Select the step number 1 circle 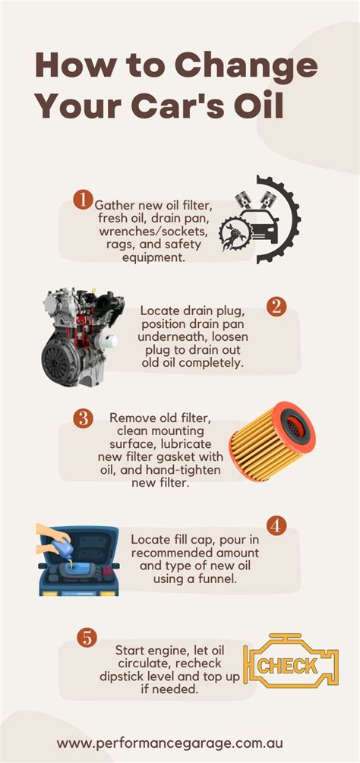[82, 200]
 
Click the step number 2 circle [277, 307]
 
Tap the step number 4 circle [277, 526]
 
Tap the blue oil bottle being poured [58, 543]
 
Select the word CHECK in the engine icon [289, 666]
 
